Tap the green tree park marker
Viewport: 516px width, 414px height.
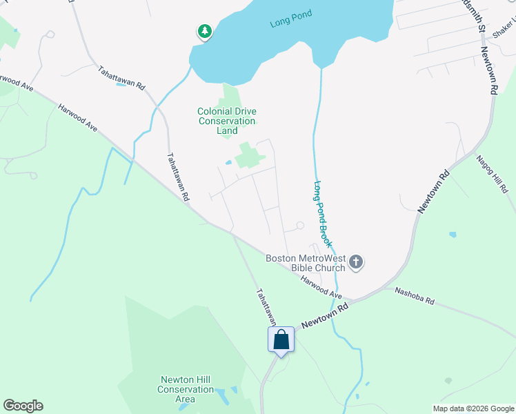(x=204, y=31)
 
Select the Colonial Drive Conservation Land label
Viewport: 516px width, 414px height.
(x=227, y=121)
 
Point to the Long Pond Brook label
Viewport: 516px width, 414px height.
(x=324, y=215)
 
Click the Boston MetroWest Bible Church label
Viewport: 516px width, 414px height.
(x=306, y=263)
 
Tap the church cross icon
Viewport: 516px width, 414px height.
(x=356, y=262)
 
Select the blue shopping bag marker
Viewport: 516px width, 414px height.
(x=281, y=340)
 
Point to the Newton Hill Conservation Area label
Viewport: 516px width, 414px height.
(x=186, y=389)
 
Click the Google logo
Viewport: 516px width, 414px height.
(x=23, y=406)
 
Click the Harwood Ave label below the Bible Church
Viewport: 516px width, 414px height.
(x=321, y=287)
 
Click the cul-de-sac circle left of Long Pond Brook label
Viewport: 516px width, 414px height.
(x=299, y=226)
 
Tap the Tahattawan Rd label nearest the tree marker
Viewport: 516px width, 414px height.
(x=121, y=77)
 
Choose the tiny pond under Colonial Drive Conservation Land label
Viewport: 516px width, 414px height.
(x=228, y=163)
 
